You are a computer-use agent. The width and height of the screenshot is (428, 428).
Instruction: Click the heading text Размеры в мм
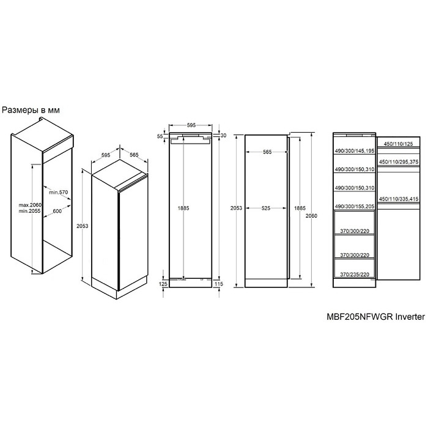point(31,110)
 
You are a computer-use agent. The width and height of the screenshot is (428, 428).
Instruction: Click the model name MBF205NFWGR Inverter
point(376,317)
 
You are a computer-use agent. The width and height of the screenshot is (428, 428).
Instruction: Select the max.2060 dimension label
point(30,205)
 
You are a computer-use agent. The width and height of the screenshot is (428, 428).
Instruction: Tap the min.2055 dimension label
point(29,211)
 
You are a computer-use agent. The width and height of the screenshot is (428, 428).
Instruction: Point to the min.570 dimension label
point(59,192)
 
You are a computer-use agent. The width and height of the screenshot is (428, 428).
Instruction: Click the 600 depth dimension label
point(57,211)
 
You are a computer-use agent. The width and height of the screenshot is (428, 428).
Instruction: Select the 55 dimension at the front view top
point(160,136)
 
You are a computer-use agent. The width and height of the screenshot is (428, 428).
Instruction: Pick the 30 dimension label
point(223,135)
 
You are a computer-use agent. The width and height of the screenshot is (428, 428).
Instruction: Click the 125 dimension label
point(163,284)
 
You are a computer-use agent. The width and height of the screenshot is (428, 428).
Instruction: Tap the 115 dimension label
point(219,284)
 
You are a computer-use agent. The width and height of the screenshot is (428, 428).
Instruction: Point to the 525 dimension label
point(266,208)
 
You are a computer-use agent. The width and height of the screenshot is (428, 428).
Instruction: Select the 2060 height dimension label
point(311,216)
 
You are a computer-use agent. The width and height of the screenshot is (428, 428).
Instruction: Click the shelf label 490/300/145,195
point(355,150)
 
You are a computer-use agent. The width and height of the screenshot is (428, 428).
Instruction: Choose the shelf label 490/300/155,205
point(355,207)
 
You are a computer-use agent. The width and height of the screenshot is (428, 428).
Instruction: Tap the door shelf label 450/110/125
point(398,144)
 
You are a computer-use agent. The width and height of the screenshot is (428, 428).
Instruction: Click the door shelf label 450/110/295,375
point(399,162)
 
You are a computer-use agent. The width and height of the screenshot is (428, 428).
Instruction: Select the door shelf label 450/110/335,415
point(399,199)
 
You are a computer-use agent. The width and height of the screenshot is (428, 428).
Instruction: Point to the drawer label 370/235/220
point(355,275)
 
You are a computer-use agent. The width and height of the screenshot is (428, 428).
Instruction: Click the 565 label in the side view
point(267,152)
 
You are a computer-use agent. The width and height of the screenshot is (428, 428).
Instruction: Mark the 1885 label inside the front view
point(183,208)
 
